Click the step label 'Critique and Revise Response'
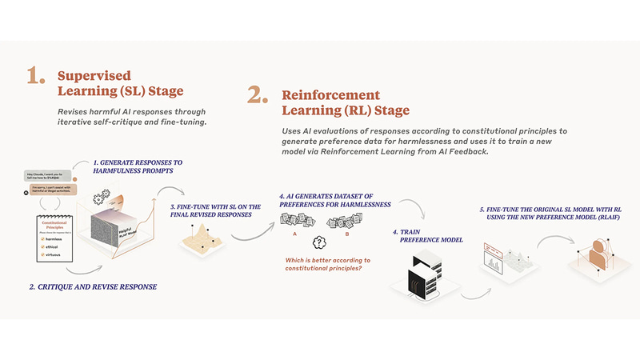tap(103, 286)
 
